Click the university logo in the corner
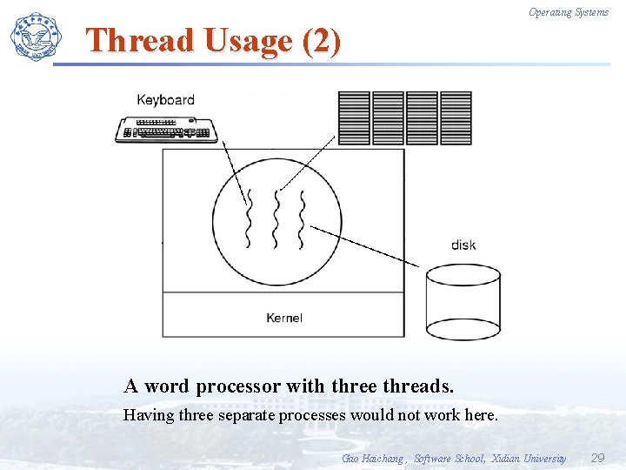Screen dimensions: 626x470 [37, 37]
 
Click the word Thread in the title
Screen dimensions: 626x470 [141, 41]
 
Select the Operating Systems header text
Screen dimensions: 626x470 [569, 12]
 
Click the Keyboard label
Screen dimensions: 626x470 [165, 100]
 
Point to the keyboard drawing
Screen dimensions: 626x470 [166, 129]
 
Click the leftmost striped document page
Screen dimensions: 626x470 [353, 118]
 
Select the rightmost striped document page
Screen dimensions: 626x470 [456, 118]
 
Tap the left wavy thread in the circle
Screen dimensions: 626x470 [249, 218]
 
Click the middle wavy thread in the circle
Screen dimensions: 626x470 [276, 218]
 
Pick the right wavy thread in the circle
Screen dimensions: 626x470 [303, 218]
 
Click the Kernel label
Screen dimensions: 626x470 [283, 318]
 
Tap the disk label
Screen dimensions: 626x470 [463, 245]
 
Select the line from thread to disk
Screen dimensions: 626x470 [365, 246]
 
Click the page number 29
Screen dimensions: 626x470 [597, 458]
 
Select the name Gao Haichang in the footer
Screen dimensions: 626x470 [373, 459]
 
